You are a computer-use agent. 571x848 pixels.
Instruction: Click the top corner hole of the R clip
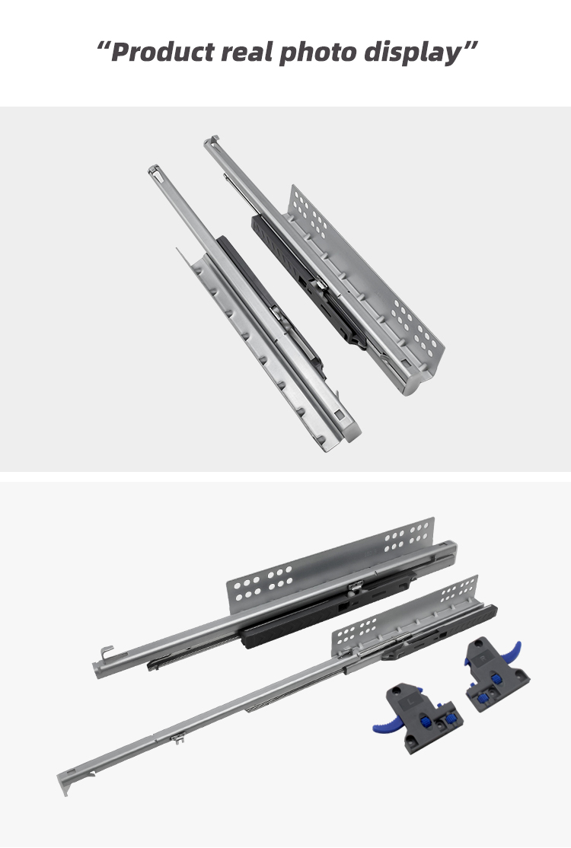[x=479, y=643]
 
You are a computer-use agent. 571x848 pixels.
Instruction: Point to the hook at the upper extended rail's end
[x=107, y=652]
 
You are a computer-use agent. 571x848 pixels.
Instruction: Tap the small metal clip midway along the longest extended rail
[x=177, y=738]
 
